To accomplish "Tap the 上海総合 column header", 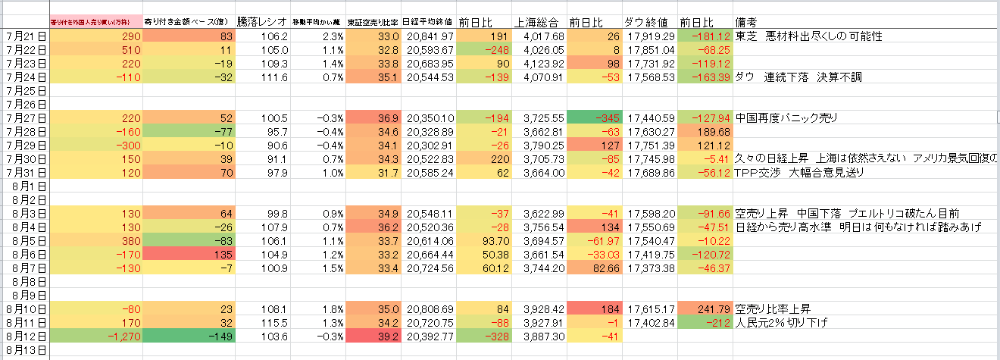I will (537, 22).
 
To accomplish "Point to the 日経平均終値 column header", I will (428, 22).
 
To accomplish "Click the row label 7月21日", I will (24, 36).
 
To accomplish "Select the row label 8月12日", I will (24, 336).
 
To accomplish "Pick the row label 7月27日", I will (24, 117).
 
